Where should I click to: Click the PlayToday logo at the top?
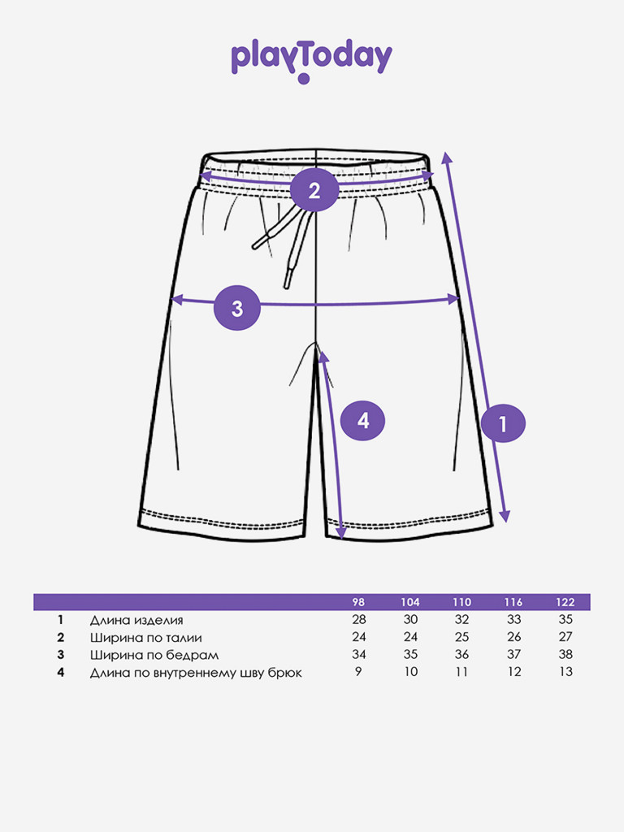click(x=311, y=58)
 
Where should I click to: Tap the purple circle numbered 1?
click(x=502, y=422)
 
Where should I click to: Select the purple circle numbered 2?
click(x=314, y=190)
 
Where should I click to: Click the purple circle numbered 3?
click(x=237, y=309)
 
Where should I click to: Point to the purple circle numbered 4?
click(x=362, y=420)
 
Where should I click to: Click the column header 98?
click(x=358, y=602)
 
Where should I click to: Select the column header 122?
click(x=565, y=602)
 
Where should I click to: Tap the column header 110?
click(x=461, y=602)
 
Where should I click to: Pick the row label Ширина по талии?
click(x=145, y=637)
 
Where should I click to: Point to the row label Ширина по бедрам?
click(x=154, y=655)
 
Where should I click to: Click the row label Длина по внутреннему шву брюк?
click(x=196, y=673)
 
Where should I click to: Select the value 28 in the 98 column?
click(x=358, y=620)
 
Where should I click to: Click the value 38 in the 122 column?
click(x=565, y=655)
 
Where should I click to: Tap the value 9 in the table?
click(x=358, y=672)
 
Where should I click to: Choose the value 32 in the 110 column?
click(x=461, y=620)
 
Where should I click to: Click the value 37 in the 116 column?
click(x=513, y=655)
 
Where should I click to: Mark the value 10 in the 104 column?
click(x=410, y=672)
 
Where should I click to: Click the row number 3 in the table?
click(x=60, y=655)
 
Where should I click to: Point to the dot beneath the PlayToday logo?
click(x=305, y=80)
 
